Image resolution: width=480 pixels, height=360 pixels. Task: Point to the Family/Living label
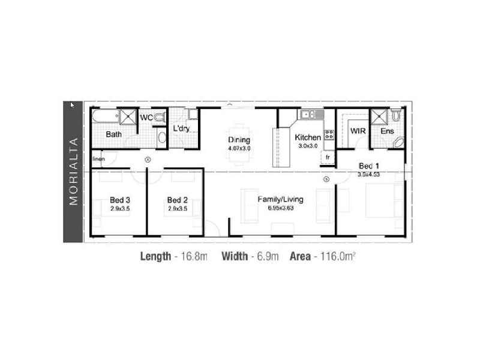pos(281,199)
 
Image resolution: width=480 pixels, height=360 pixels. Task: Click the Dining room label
pos(239,139)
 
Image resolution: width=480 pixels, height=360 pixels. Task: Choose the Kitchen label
pos(308,137)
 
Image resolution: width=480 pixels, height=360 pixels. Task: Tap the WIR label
pos(358,130)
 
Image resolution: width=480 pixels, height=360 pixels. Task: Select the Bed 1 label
pos(369,166)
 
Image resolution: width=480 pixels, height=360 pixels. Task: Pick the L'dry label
pos(181,128)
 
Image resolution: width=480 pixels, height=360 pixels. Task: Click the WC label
pos(146,118)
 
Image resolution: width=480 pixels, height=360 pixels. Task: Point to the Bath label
pos(113,134)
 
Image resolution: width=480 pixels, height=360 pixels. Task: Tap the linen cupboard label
pos(99,159)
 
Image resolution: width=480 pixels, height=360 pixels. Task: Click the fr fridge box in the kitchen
pos(328,158)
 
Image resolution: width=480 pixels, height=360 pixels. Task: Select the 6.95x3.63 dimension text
pos(281,208)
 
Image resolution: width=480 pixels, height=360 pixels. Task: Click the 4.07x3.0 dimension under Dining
pos(239,148)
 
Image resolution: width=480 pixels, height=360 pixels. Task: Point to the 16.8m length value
pos(194,257)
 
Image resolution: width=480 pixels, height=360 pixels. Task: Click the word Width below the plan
pos(235,257)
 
